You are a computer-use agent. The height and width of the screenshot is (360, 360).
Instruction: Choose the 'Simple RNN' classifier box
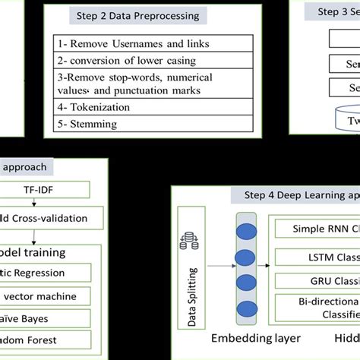click(319, 228)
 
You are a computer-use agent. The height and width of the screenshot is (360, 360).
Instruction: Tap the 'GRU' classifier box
click(319, 282)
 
